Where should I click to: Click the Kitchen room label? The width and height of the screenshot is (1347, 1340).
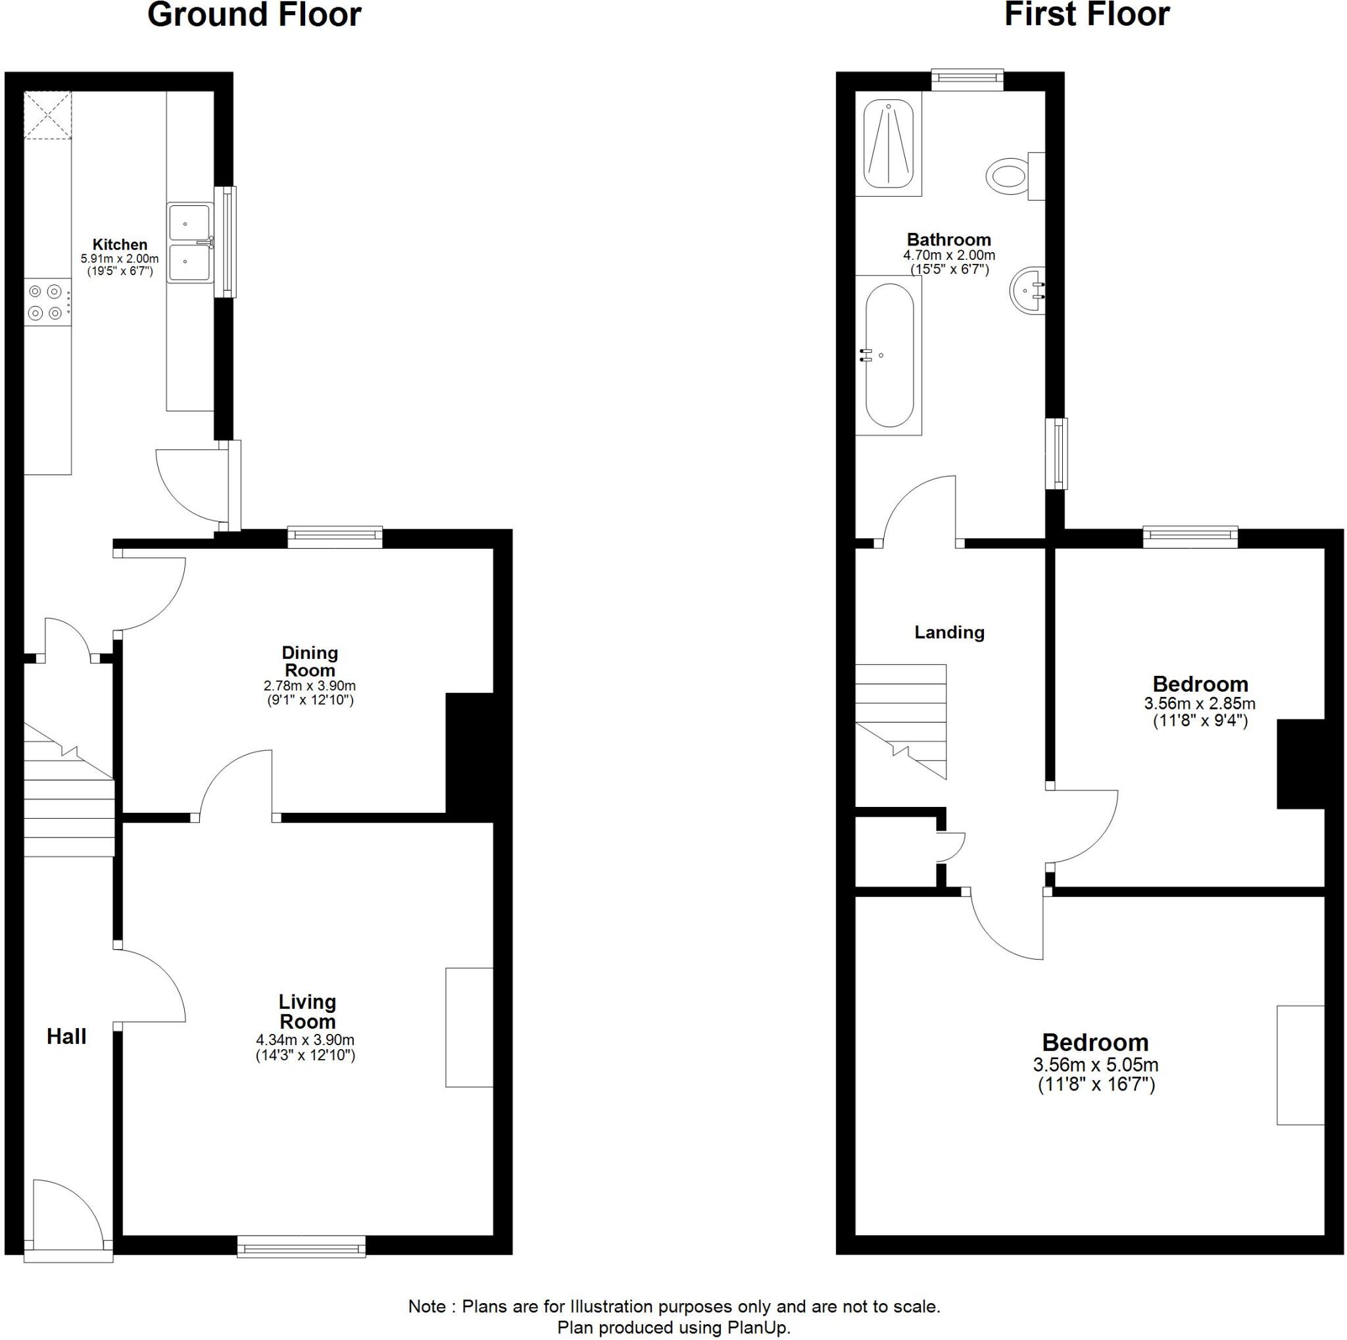(120, 245)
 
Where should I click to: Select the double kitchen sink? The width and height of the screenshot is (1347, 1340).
(189, 243)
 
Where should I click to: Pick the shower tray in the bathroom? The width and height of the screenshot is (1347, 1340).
(889, 143)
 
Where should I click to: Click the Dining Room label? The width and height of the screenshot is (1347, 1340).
(310, 661)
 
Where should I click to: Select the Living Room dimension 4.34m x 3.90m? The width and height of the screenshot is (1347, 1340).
(305, 1039)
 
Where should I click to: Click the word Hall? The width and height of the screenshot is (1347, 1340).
(66, 1037)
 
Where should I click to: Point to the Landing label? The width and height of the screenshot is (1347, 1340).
(949, 632)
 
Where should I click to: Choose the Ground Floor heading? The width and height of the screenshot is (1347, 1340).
(255, 15)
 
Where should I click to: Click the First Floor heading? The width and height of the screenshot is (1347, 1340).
(1087, 15)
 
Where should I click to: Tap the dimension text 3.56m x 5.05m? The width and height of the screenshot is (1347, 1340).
(1095, 1065)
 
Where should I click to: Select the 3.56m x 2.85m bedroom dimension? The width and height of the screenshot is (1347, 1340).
(1199, 704)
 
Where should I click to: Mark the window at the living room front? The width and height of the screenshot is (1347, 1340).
(301, 1247)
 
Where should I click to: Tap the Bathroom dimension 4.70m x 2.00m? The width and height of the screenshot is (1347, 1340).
(949, 256)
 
